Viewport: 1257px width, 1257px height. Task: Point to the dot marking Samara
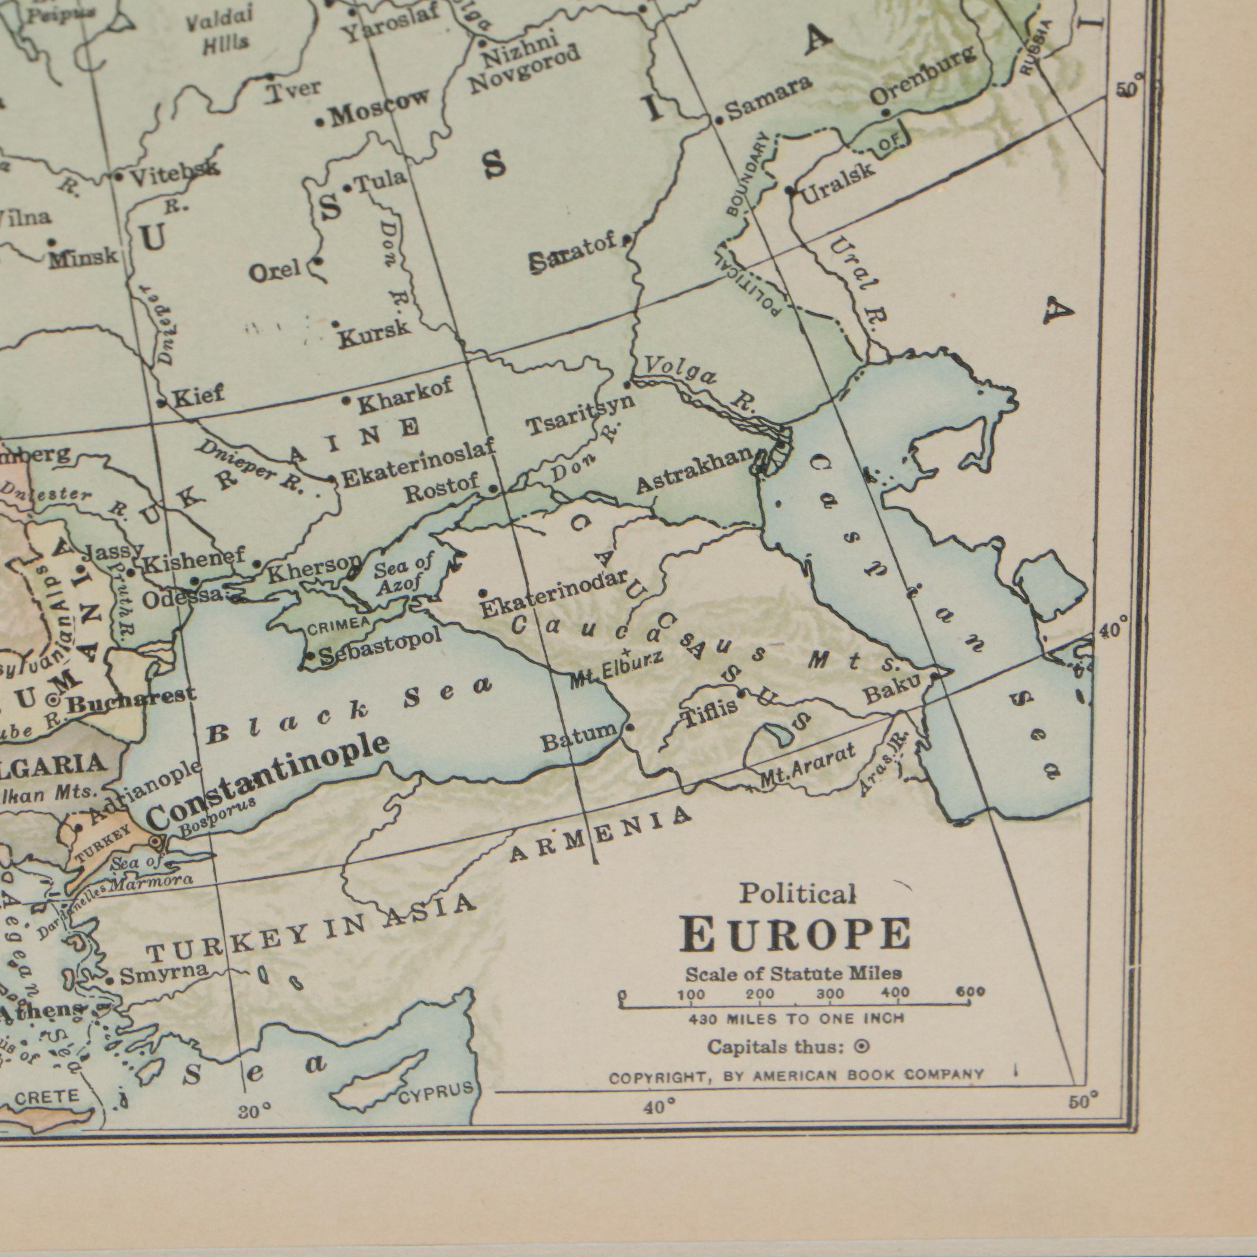(719, 120)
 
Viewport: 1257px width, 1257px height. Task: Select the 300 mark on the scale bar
(830, 995)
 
